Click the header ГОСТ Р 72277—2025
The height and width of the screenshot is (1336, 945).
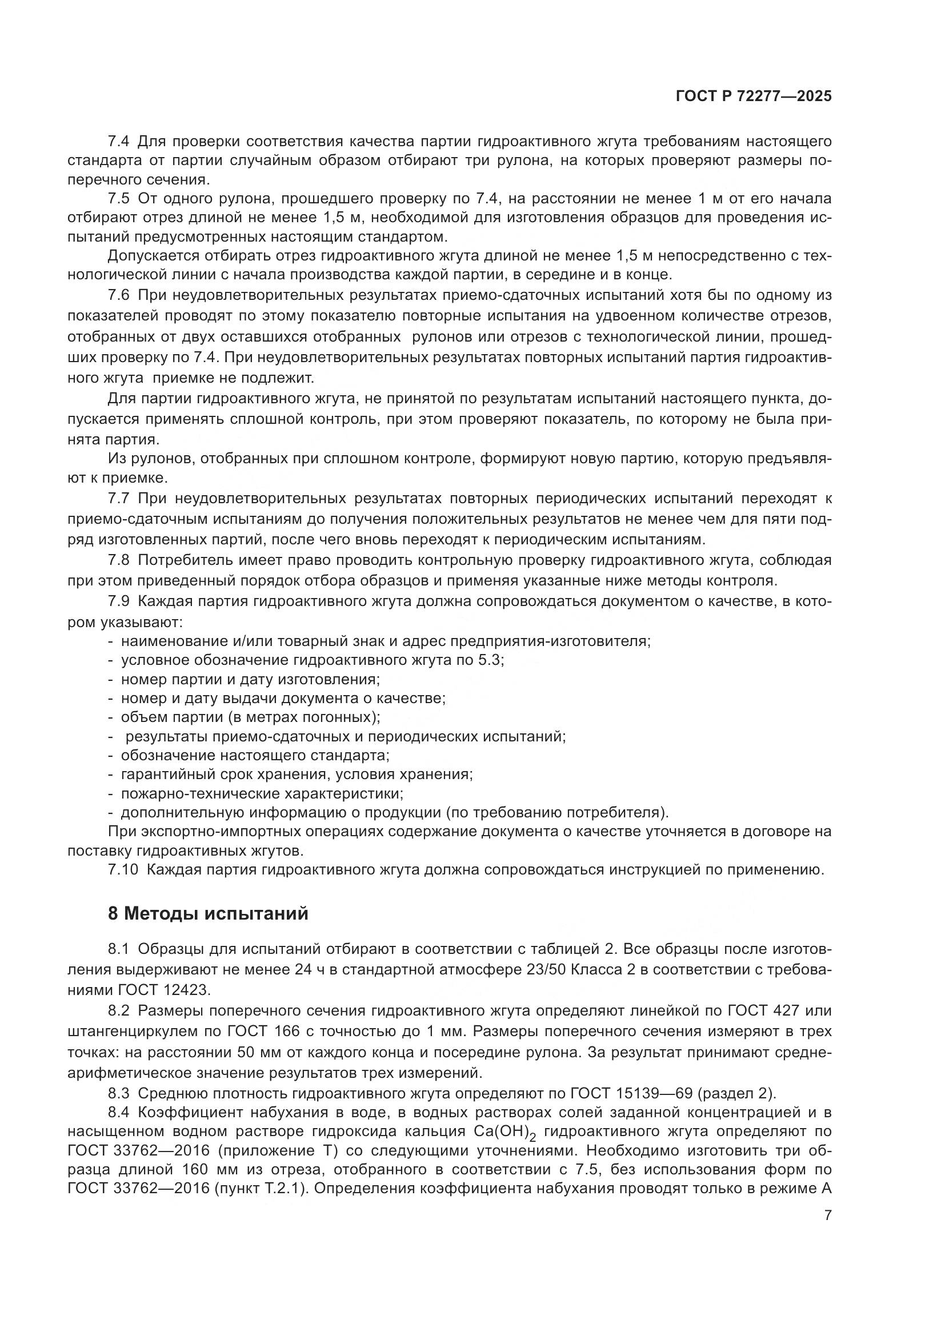[x=754, y=97]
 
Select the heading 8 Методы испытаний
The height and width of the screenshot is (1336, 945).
[x=208, y=913]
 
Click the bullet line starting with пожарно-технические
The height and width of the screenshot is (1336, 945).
[x=262, y=794]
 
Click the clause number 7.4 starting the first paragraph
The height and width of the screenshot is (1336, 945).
[x=119, y=142]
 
